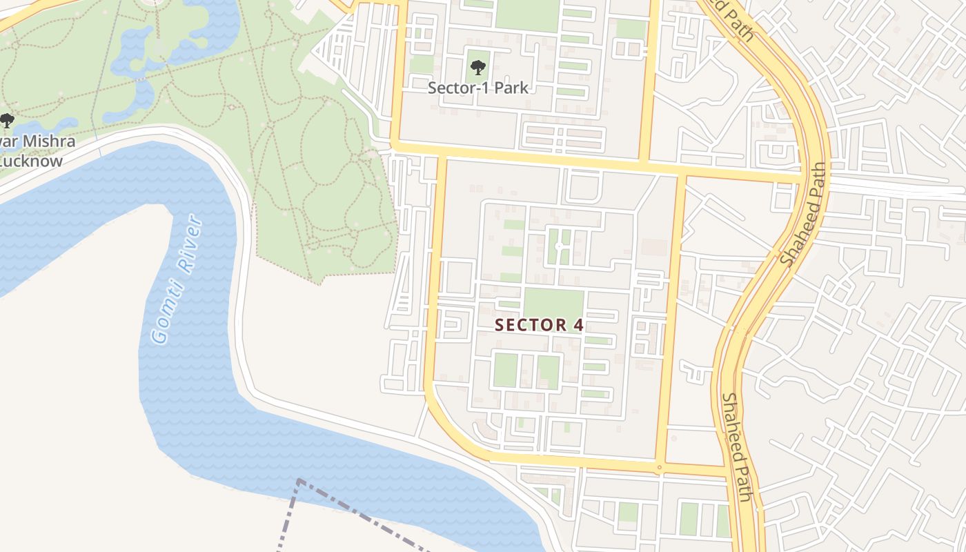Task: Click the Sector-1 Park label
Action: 477,88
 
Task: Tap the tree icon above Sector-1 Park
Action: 477,67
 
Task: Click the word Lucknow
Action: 31,161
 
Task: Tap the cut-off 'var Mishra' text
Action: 38,142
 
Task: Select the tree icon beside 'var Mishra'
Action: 7,121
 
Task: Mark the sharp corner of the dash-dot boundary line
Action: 299,480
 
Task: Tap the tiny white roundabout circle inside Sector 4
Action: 558,246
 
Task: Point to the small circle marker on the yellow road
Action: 659,468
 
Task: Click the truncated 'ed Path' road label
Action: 731,21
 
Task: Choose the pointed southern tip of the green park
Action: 317,282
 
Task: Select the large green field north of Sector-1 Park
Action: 526,15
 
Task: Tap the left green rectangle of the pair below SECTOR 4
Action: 505,371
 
